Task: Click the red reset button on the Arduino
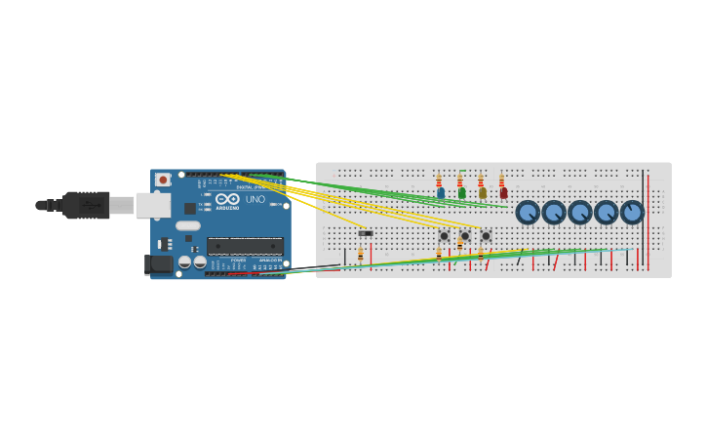click(x=163, y=180)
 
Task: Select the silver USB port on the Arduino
click(x=152, y=205)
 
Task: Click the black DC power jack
click(x=158, y=263)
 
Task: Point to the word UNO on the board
click(x=255, y=199)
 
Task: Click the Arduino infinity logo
click(x=227, y=199)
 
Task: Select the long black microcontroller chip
click(x=245, y=246)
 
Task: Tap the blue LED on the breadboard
click(x=441, y=193)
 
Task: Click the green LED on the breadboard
click(x=461, y=193)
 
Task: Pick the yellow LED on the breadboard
click(x=482, y=193)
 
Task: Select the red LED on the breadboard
click(x=503, y=193)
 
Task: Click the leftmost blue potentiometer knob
click(x=528, y=212)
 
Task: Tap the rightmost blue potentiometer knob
click(x=632, y=212)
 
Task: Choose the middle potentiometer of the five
click(x=580, y=212)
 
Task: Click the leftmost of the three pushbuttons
click(x=444, y=236)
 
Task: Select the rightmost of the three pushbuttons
click(x=486, y=236)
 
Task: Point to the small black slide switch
click(x=365, y=233)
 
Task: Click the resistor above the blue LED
click(x=439, y=181)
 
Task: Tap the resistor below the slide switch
click(x=360, y=253)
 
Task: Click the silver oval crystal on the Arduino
click(x=188, y=225)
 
